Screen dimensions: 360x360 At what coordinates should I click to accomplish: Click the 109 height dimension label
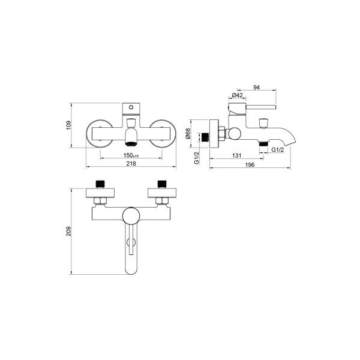click(x=68, y=125)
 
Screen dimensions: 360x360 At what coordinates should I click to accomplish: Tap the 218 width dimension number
click(x=131, y=163)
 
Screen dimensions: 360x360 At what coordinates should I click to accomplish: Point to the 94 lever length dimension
click(x=256, y=87)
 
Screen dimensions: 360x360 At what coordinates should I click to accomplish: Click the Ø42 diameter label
click(x=237, y=95)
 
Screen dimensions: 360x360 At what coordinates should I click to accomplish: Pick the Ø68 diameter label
click(x=188, y=134)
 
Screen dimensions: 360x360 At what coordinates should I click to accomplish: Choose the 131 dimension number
click(x=237, y=155)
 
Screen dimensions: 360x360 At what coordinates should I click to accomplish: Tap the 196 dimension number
click(x=250, y=164)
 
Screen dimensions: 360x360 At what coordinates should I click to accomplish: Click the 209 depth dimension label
click(x=68, y=231)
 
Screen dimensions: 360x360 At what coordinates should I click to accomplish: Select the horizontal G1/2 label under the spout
click(x=278, y=149)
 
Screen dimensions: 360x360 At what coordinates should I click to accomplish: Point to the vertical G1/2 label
click(x=197, y=158)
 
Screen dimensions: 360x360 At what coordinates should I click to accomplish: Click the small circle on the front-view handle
click(x=131, y=107)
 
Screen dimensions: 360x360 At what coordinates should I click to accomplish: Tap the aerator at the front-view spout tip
click(x=131, y=144)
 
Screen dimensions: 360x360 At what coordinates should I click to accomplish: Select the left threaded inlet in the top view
click(x=100, y=184)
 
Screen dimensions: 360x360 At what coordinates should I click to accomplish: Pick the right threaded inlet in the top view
click(x=162, y=184)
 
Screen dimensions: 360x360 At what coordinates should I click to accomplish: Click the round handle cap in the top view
click(x=131, y=216)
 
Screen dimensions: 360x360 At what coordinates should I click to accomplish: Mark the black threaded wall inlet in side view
click(x=205, y=137)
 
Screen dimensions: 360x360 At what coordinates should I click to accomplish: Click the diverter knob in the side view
click(x=263, y=123)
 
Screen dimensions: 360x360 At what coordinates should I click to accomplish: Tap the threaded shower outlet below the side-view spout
click(x=264, y=144)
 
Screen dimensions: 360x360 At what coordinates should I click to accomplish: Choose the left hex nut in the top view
click(x=100, y=200)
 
